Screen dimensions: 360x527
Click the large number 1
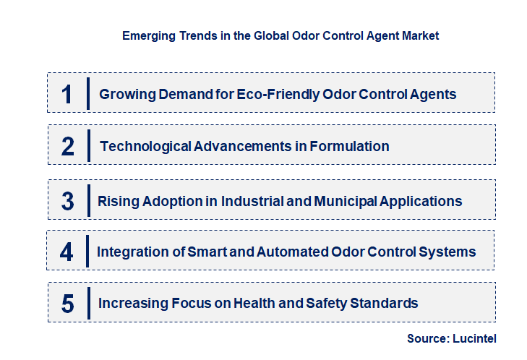67,94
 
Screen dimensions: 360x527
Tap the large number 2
68,147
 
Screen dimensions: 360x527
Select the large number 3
68,201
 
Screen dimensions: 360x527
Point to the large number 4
67,252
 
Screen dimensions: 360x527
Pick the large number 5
68,304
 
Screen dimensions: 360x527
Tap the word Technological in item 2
145,147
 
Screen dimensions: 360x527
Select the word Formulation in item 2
349,147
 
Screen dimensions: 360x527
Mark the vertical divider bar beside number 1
87,94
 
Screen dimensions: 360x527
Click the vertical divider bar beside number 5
87,304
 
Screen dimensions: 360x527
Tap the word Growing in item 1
125,94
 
